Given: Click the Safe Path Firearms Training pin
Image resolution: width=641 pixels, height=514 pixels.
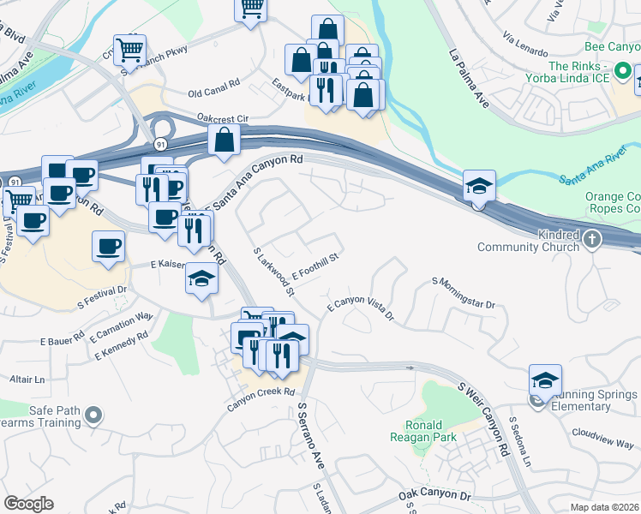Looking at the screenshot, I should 94,417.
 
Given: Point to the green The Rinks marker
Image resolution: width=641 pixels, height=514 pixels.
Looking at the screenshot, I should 625,71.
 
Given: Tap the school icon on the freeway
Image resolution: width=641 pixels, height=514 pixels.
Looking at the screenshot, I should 479,185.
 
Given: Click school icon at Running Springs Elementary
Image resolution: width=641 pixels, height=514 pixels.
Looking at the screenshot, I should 545,380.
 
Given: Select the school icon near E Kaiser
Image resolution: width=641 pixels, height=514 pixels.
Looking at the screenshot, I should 201,280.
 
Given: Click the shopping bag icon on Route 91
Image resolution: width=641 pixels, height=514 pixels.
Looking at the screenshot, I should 224,139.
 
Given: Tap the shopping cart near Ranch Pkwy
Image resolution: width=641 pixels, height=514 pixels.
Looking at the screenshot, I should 129,49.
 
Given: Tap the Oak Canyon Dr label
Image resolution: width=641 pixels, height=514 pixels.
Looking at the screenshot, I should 435,496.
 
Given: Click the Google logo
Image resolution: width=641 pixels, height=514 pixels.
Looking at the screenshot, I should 27,504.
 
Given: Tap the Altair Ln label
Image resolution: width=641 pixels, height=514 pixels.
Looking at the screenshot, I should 27,379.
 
